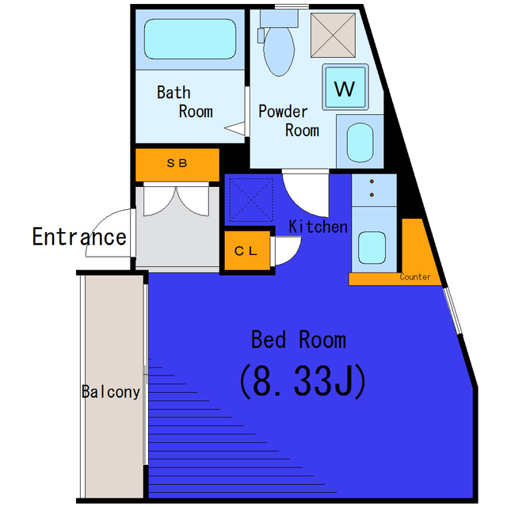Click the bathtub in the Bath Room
[x=190, y=39]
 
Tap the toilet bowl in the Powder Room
[x=279, y=51]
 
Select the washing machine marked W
[x=345, y=87]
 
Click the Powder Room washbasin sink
[x=360, y=143]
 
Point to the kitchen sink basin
[x=372, y=247]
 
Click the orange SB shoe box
[x=177, y=165]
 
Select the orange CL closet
[x=247, y=250]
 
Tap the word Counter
[x=415, y=276]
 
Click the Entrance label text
[x=79, y=237]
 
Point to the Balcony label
[x=111, y=392]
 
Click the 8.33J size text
[x=302, y=382]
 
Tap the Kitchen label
[x=318, y=227]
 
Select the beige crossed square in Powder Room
[x=333, y=35]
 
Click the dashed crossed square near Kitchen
[x=251, y=200]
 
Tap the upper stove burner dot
[x=372, y=181]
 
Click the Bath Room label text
[x=185, y=102]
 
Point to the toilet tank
[x=279, y=18]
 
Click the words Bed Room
[x=299, y=340]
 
